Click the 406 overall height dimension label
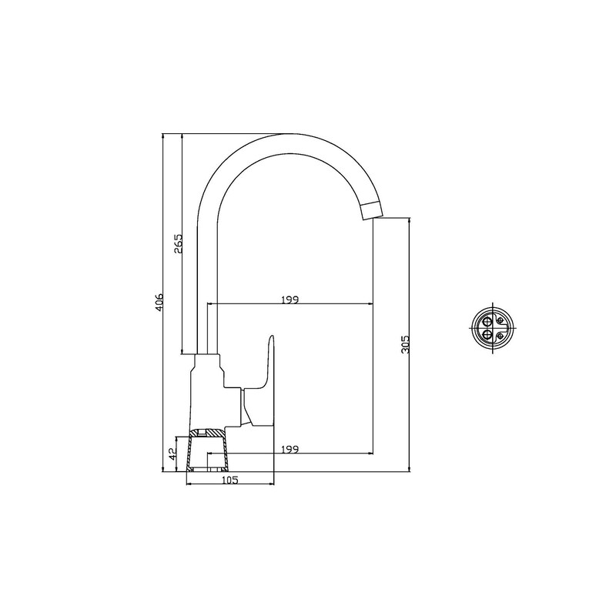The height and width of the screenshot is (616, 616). (x=159, y=302)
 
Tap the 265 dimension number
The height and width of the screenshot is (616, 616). (x=179, y=243)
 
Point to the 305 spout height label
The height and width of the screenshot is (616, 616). (x=406, y=344)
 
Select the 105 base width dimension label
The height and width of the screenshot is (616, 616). (x=229, y=479)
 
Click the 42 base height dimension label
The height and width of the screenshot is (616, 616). (x=172, y=454)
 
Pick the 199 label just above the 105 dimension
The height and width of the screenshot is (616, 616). (x=290, y=449)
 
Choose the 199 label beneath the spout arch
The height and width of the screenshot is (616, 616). (x=290, y=300)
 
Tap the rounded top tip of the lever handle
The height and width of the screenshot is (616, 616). (x=271, y=337)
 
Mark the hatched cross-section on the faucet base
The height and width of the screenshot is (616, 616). (x=207, y=433)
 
